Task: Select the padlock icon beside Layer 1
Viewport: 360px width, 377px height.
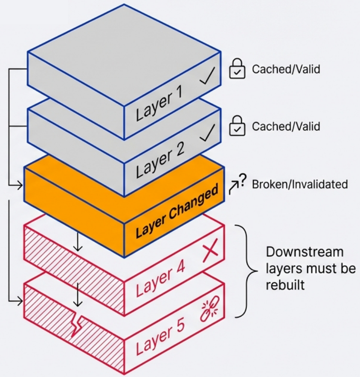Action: coord(237,69)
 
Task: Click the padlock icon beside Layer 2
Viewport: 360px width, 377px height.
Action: coord(237,127)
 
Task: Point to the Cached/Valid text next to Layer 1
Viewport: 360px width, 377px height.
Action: coord(286,69)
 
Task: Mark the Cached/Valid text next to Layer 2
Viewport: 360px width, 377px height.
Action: coord(286,127)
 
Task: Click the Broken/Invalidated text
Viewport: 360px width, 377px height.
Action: coord(300,184)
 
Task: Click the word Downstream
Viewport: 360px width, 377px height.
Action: coord(305,252)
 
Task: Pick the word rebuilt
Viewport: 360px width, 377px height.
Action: coord(285,285)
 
